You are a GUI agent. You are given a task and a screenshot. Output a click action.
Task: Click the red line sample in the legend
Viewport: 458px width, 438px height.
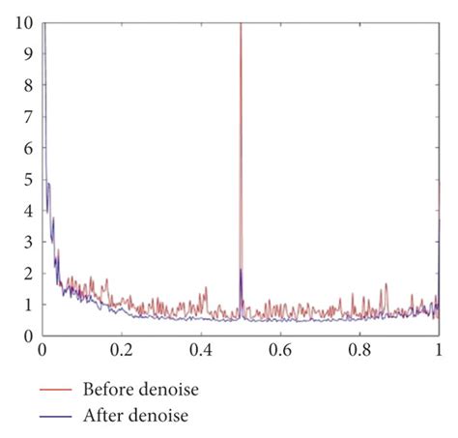click(x=57, y=391)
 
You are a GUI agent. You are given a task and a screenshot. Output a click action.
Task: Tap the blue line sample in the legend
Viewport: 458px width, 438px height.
click(x=57, y=418)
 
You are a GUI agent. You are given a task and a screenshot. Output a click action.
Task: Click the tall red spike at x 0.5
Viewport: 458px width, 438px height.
click(x=241, y=145)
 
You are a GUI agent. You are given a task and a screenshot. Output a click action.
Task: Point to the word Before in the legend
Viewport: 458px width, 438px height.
click(x=107, y=390)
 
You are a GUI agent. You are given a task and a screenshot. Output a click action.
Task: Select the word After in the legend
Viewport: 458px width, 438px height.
click(x=101, y=417)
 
